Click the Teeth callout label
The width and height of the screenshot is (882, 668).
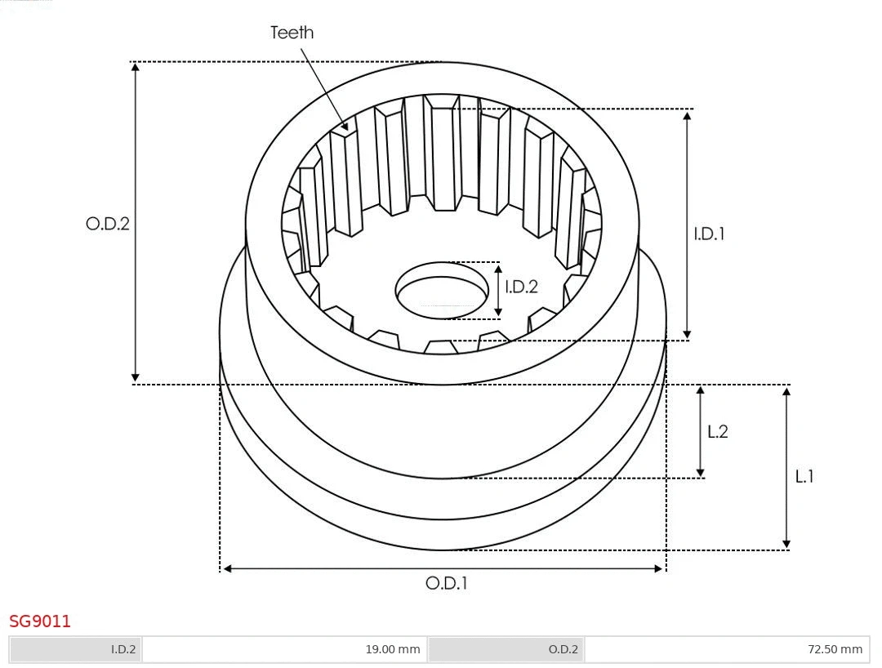(x=292, y=33)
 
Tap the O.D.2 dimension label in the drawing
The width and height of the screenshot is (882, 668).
(x=108, y=224)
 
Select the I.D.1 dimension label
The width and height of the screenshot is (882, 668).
(x=709, y=234)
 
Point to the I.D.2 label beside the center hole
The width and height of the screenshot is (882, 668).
(x=521, y=287)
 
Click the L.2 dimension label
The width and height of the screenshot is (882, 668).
(x=717, y=432)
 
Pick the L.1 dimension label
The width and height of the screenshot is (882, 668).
(x=804, y=476)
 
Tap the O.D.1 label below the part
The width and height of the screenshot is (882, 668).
(x=446, y=583)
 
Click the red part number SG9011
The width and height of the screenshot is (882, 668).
(x=40, y=621)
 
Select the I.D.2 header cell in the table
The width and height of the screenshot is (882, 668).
(x=75, y=649)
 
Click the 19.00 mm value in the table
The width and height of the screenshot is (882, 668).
(x=284, y=649)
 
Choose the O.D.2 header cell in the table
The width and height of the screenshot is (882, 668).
(x=506, y=649)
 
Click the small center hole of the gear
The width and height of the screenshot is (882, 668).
(x=441, y=288)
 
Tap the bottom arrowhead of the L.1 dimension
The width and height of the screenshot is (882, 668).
(x=786, y=543)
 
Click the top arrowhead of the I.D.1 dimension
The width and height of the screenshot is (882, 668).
(x=687, y=115)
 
